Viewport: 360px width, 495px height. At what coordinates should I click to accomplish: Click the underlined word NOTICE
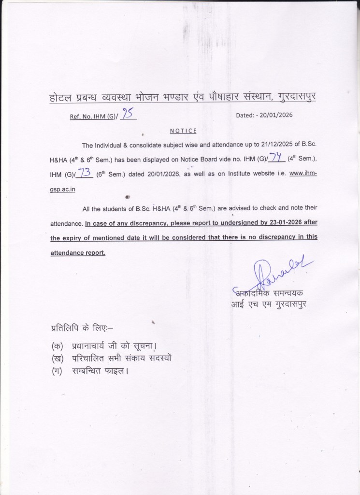pyautogui.click(x=183, y=131)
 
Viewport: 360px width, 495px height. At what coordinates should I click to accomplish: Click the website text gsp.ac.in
pyautogui.click(x=63, y=190)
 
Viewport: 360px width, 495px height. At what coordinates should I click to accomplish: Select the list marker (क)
pyautogui.click(x=57, y=346)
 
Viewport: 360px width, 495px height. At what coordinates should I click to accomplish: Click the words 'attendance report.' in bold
pyautogui.click(x=78, y=252)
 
